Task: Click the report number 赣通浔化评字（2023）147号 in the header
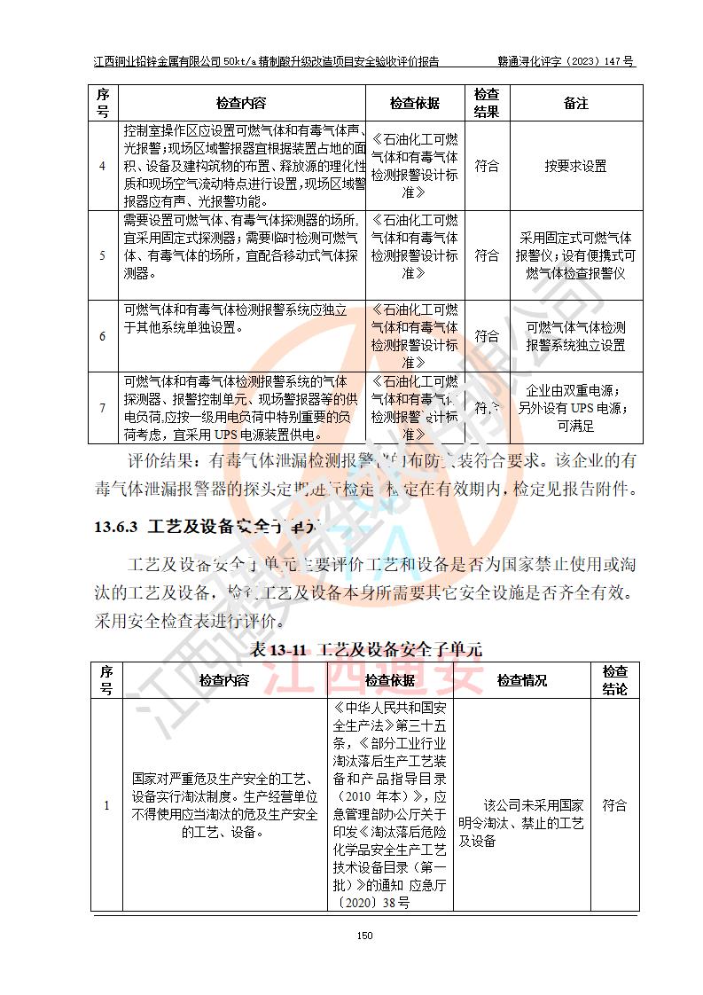coord(566,62)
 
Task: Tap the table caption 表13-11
coord(278,649)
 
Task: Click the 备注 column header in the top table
coord(575,103)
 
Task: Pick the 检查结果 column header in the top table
coord(487,103)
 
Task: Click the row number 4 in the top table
coord(102,166)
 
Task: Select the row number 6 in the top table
coord(102,336)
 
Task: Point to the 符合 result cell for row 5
coord(487,255)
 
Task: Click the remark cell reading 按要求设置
coord(575,166)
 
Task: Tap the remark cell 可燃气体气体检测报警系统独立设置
coord(575,336)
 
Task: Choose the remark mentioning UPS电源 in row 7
coord(575,408)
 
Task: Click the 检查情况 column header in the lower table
coord(521,680)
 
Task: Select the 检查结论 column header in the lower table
coord(614,680)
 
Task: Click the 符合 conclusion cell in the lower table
coord(614,805)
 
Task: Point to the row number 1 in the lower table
coord(106,805)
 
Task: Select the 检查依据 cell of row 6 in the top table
coord(414,336)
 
